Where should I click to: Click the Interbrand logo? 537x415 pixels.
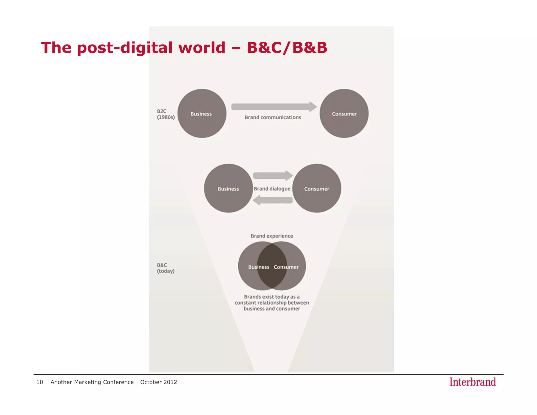pos(472,382)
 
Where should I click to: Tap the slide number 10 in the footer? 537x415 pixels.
pos(40,382)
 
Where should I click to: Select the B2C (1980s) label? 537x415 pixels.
pos(165,114)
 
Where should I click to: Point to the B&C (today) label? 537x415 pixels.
pos(165,268)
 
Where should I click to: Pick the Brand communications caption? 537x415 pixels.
pos(273,117)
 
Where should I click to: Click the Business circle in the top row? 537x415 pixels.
pos(202,113)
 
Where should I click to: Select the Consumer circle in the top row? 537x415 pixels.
pos(344,113)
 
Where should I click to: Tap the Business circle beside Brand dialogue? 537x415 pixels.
pos(228,188)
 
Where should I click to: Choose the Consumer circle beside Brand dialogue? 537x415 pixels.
pos(317,188)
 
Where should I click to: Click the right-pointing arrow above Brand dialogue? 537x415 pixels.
pos(273,175)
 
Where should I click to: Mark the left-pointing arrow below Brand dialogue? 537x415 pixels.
pos(273,200)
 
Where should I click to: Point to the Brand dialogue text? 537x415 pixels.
pos(272,189)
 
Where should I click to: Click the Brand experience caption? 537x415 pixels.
pos(272,236)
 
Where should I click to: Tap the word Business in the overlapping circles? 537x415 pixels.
pos(259,267)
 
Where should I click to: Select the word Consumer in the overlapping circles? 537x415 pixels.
pos(286,267)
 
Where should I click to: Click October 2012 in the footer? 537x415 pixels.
pos(159,382)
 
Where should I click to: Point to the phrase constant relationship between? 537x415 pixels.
pos(272,303)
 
